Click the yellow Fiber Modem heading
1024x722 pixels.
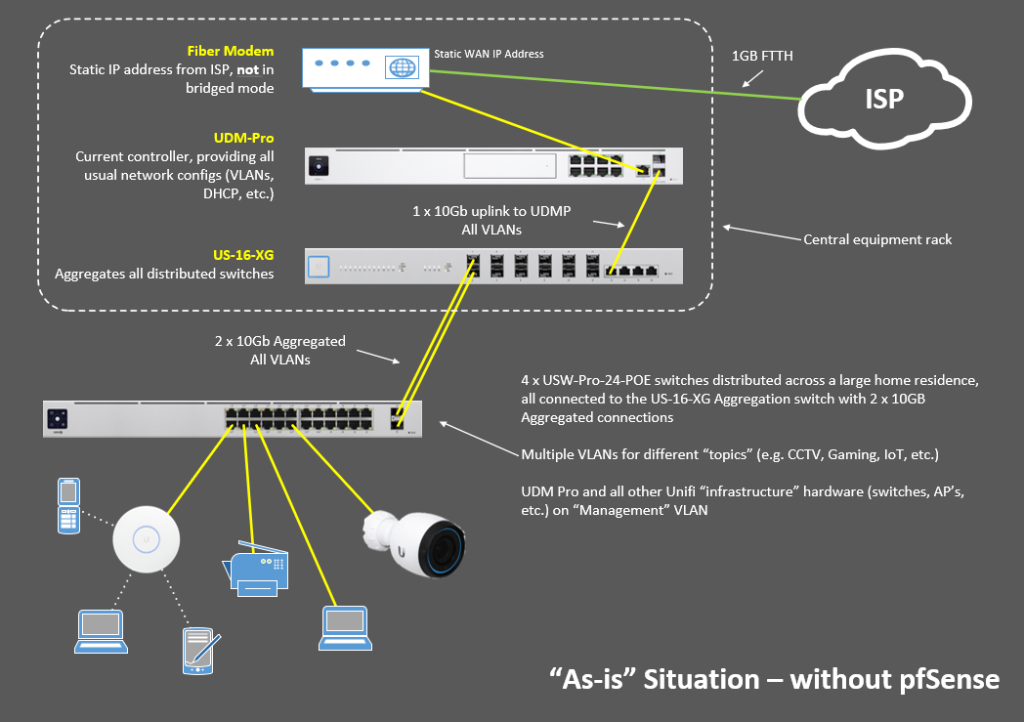click(x=231, y=51)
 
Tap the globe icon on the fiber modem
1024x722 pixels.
click(x=401, y=68)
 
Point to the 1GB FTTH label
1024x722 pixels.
click(x=763, y=57)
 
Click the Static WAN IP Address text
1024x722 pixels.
click(x=489, y=54)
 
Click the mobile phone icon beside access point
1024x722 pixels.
click(x=67, y=505)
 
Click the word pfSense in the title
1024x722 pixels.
click(x=942, y=679)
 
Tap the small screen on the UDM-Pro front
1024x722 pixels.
click(x=318, y=167)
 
